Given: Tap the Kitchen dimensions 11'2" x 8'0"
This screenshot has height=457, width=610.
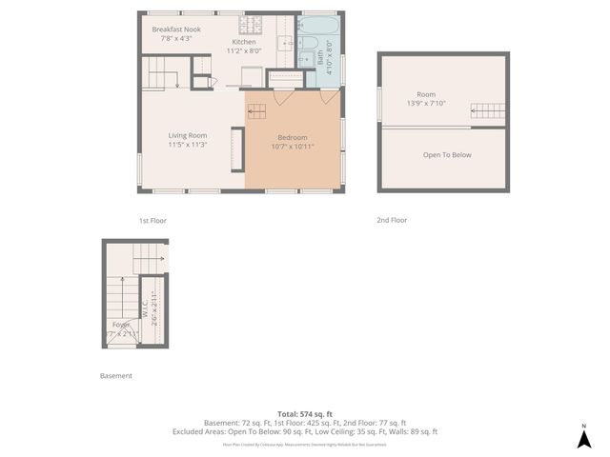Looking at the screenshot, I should [244, 51].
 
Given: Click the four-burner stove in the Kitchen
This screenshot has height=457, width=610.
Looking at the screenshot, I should [251, 23].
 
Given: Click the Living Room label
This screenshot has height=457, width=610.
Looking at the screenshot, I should [188, 135].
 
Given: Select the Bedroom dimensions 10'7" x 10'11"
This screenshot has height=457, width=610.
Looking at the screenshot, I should [293, 147].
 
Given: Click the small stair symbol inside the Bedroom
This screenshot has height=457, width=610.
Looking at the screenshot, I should [257, 111].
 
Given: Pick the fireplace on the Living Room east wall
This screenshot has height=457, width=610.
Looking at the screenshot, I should [237, 149].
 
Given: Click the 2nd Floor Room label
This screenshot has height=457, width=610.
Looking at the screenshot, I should [425, 94].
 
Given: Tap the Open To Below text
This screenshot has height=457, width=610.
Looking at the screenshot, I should [447, 155].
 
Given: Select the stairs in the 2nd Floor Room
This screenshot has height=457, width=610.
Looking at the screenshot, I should [488, 111].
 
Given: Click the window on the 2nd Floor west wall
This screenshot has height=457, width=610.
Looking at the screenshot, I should [379, 104].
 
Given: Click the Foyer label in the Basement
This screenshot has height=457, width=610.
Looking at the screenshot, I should [121, 325].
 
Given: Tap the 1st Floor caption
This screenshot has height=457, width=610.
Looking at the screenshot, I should [152, 220].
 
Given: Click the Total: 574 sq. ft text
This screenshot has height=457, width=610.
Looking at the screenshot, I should [304, 414].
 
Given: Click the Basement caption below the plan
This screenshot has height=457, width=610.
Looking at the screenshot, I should [116, 376].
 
